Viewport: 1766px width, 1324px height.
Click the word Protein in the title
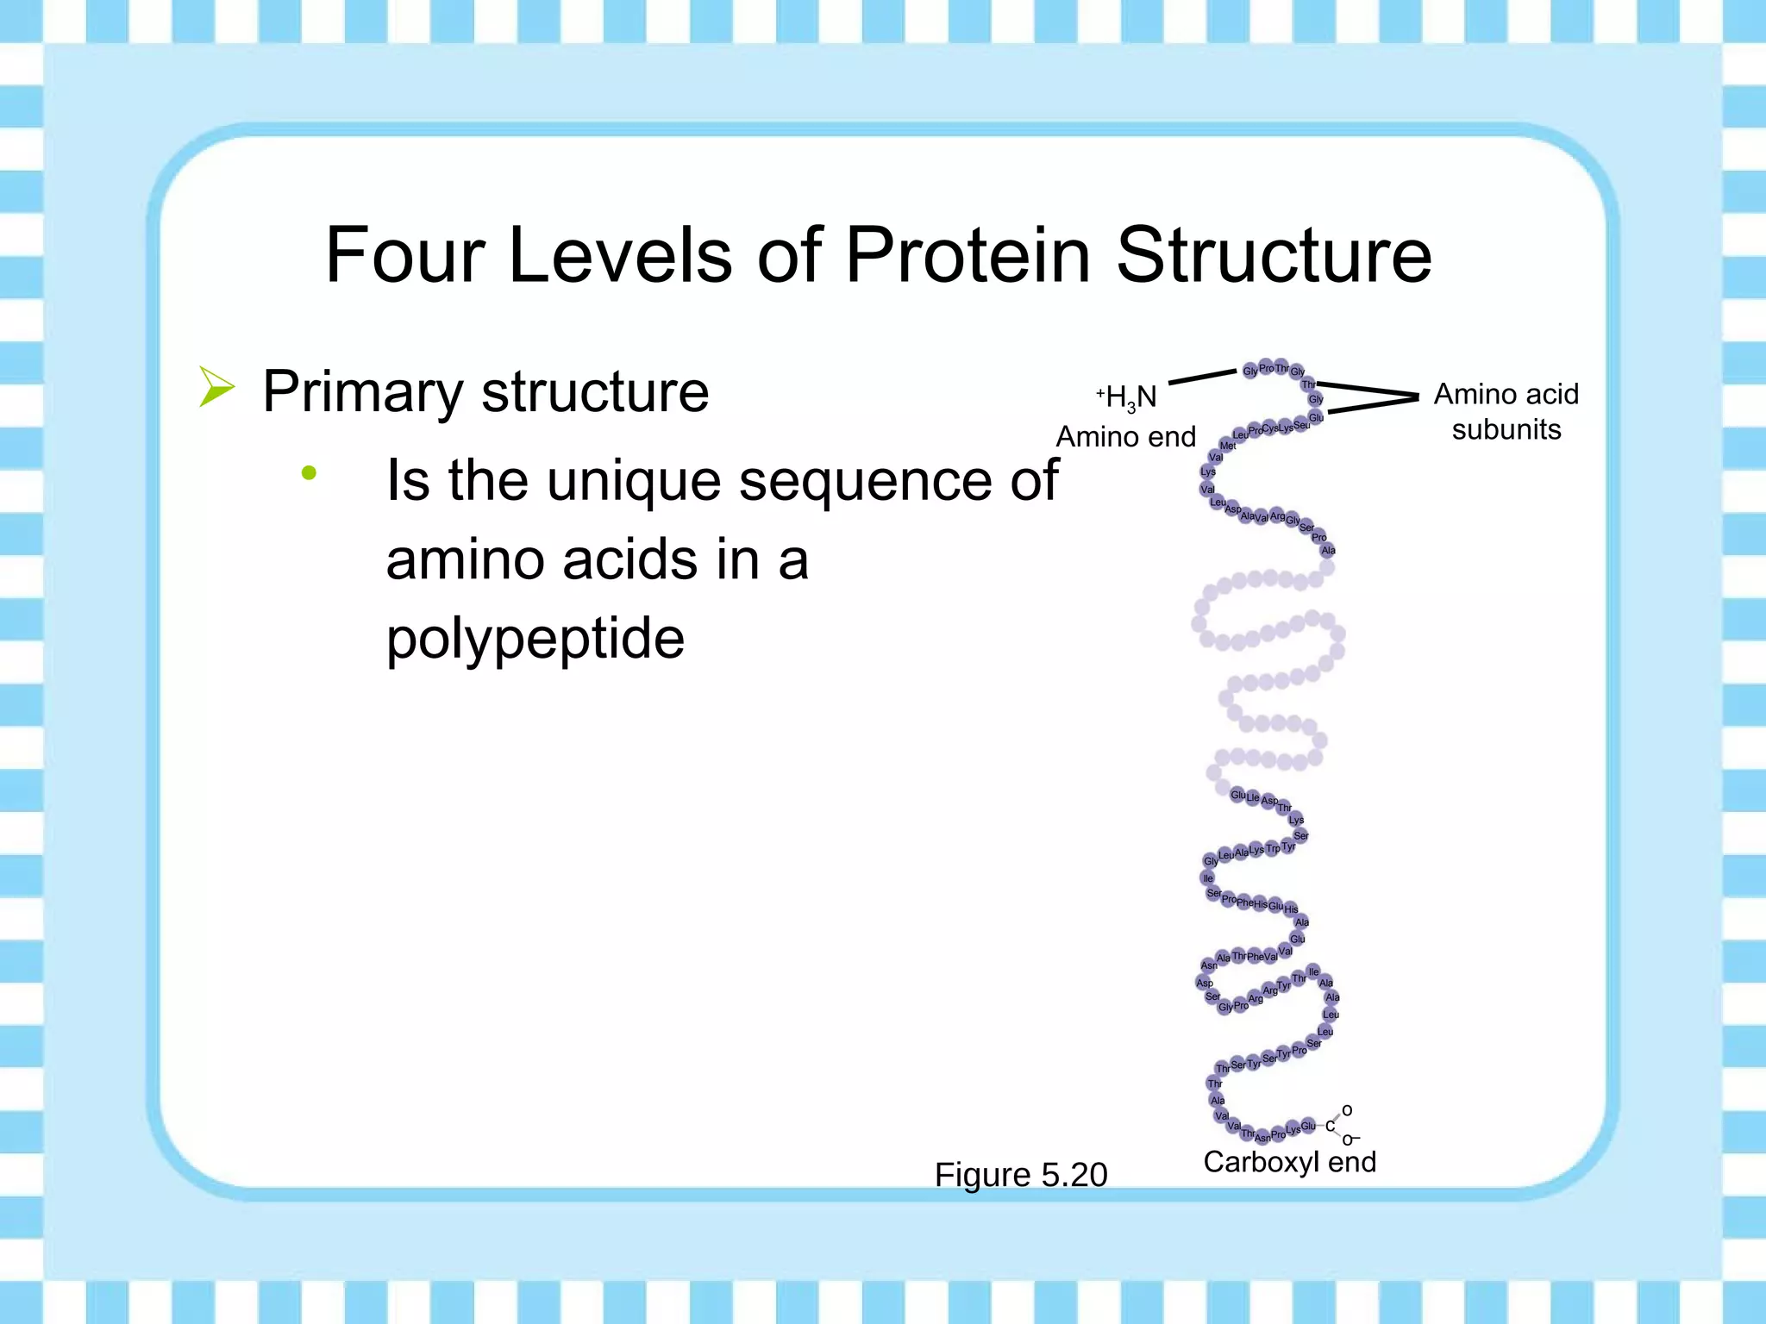point(968,255)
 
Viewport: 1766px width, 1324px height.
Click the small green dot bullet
point(309,472)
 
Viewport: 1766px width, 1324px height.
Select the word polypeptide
point(535,640)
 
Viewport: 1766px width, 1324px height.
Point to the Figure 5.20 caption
point(1020,1175)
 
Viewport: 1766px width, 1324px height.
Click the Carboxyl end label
point(1289,1162)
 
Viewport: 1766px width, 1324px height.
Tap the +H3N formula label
point(1127,397)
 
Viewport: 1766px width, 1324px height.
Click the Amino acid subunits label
point(1506,412)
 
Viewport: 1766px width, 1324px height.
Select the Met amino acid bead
point(1228,446)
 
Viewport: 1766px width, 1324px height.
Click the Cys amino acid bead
point(1270,428)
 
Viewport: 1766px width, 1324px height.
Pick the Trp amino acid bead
point(1273,849)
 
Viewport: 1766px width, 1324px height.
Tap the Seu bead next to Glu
point(1301,425)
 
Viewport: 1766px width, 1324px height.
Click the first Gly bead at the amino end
point(1249,372)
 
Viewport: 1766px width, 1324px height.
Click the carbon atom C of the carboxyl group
point(1330,1127)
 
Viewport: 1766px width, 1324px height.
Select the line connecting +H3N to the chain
point(1202,377)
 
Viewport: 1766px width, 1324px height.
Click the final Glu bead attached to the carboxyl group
point(1309,1126)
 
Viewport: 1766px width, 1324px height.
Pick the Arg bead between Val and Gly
point(1277,516)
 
